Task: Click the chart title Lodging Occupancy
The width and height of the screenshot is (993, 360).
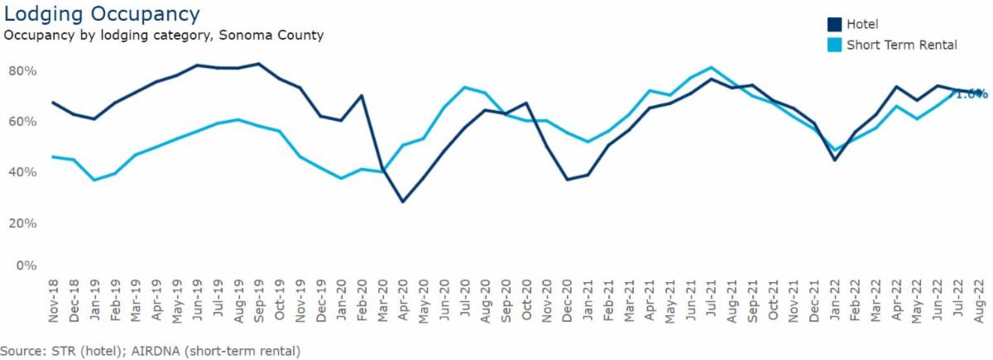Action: [x=102, y=14]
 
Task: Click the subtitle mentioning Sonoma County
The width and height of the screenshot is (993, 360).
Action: [x=163, y=36]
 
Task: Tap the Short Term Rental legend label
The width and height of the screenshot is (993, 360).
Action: [x=902, y=45]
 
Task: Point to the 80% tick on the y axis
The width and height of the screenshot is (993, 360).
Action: [x=22, y=71]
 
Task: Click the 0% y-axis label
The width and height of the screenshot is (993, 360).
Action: [x=26, y=266]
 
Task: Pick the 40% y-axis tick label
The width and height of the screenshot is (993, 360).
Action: [x=22, y=172]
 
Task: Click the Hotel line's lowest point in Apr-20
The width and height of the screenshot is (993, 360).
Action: [x=403, y=201]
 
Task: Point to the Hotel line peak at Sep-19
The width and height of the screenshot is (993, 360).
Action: [x=259, y=64]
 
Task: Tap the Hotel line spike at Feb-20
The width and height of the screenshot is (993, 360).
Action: [x=362, y=95]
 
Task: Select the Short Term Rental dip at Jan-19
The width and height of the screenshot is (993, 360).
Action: [x=94, y=180]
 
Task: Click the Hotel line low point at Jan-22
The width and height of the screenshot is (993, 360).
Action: [x=835, y=160]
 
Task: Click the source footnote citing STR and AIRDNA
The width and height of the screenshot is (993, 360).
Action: [x=151, y=351]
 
